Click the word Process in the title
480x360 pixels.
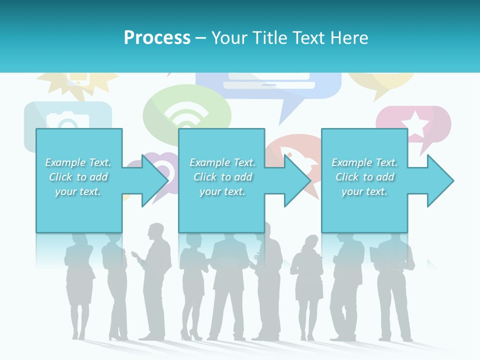pyautogui.click(x=157, y=38)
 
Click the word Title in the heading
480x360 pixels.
pyautogui.click(x=268, y=38)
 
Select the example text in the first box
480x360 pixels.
pyautogui.click(x=78, y=177)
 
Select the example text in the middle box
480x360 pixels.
pyautogui.click(x=222, y=177)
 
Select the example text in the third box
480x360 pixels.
pyautogui.click(x=364, y=177)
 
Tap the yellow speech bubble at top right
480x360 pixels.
pyautogui.click(x=381, y=82)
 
